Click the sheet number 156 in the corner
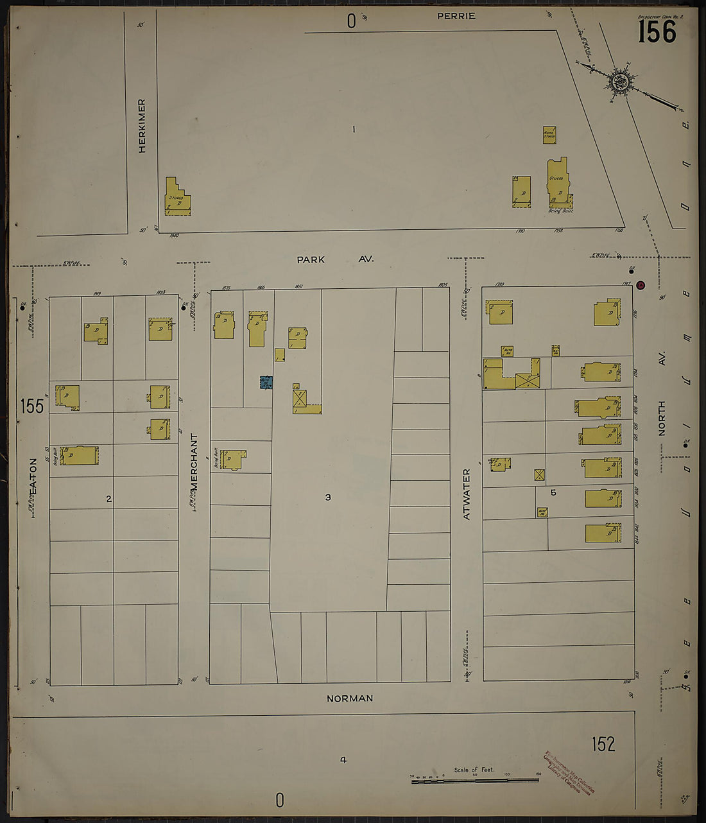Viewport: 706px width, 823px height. coord(657,31)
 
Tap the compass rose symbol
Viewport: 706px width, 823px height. coord(620,82)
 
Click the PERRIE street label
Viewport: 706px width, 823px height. coord(456,16)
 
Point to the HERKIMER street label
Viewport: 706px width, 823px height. coord(142,126)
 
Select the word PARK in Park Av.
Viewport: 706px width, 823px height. coord(311,259)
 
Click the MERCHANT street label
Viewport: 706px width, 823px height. coord(194,462)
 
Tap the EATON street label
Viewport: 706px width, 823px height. coord(33,476)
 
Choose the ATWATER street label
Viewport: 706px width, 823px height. coord(467,494)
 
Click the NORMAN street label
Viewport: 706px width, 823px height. coord(349,698)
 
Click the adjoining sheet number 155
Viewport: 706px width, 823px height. coord(31,406)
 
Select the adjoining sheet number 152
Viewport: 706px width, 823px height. coord(603,744)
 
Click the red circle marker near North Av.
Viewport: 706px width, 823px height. coord(640,285)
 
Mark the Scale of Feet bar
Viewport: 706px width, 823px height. coord(474,780)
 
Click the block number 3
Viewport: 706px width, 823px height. coord(328,497)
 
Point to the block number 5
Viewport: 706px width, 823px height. coord(553,492)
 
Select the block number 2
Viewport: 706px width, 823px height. coord(109,498)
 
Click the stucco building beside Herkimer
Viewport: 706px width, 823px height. coord(176,198)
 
